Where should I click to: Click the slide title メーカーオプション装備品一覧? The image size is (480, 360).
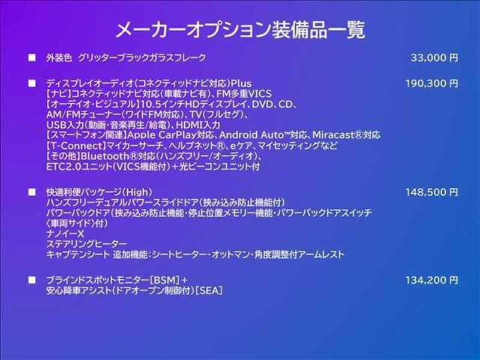coord(241,29)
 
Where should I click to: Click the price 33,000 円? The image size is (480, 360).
coord(434,58)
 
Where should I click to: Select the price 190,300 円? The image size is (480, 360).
coord(432,83)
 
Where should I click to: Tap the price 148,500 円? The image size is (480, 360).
coord(432,192)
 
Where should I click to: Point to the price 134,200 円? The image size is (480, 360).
coord(432,280)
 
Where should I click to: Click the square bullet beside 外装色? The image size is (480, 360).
coord(32,58)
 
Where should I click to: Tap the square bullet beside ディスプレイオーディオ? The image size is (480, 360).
coord(32,83)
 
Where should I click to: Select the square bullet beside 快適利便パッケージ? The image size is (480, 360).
coord(32,192)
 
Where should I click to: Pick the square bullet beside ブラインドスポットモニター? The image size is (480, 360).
coord(32,280)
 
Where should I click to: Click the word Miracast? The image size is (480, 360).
coord(333,135)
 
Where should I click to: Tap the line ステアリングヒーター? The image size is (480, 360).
coord(86,244)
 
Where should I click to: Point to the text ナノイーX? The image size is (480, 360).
coord(65,233)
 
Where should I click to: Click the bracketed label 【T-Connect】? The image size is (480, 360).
coord(76,145)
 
